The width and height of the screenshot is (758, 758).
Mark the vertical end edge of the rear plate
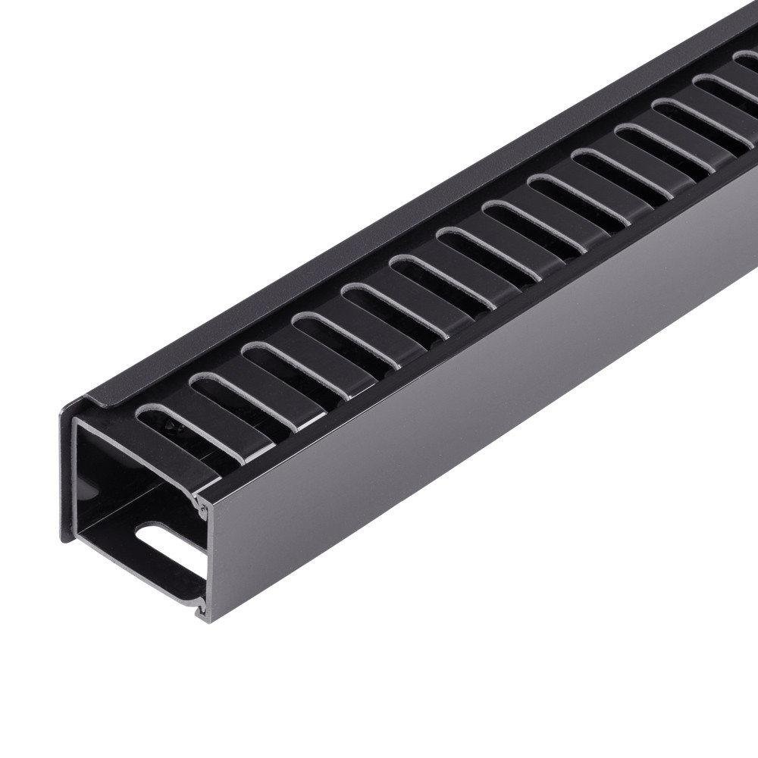67,470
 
